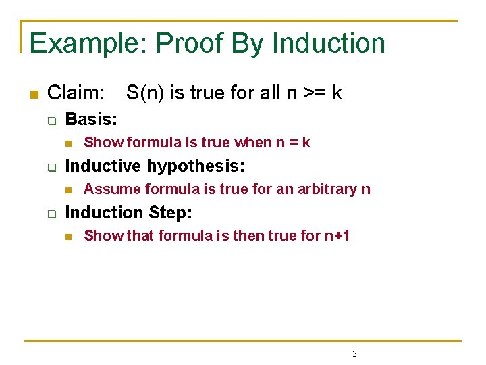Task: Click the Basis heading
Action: pyautogui.click(x=91, y=120)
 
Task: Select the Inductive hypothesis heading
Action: pyautogui.click(x=155, y=166)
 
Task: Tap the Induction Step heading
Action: pyautogui.click(x=128, y=212)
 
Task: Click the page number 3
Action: pyautogui.click(x=354, y=354)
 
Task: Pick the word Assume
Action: pyautogui.click(x=107, y=189)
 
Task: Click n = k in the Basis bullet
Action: pyautogui.click(x=293, y=143)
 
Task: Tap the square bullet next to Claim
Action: pyautogui.click(x=32, y=93)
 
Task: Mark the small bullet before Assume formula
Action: pyautogui.click(x=67, y=190)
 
